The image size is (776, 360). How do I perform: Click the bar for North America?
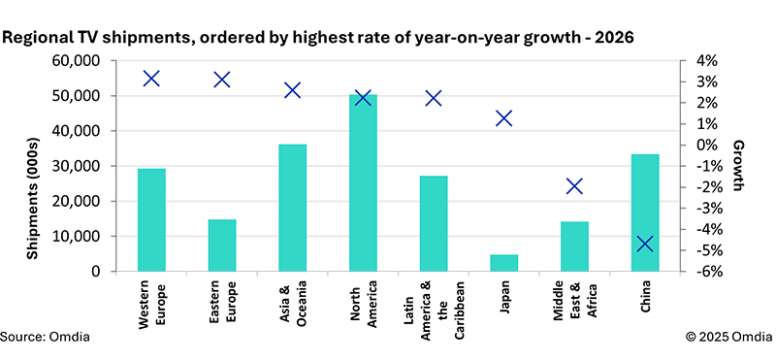[x=363, y=182]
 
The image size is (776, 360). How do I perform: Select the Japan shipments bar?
[x=503, y=263]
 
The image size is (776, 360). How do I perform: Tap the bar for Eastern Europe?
[x=222, y=245]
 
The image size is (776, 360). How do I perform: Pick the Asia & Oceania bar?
[x=293, y=208]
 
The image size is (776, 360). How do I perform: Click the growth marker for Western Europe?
[x=151, y=79]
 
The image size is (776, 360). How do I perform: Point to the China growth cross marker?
[x=645, y=244]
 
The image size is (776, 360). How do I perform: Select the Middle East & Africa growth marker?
[x=574, y=186]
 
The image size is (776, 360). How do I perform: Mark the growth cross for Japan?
[x=503, y=118]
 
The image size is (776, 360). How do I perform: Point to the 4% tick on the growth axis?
[x=701, y=61]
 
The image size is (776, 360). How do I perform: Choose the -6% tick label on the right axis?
[x=701, y=272]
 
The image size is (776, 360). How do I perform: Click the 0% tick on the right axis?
[x=701, y=146]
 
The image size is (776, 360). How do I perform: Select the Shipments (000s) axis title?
[x=33, y=198]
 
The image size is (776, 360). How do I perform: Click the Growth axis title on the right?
[x=738, y=166]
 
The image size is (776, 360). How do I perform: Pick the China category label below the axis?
[x=645, y=296]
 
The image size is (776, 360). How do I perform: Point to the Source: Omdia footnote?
[x=46, y=338]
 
